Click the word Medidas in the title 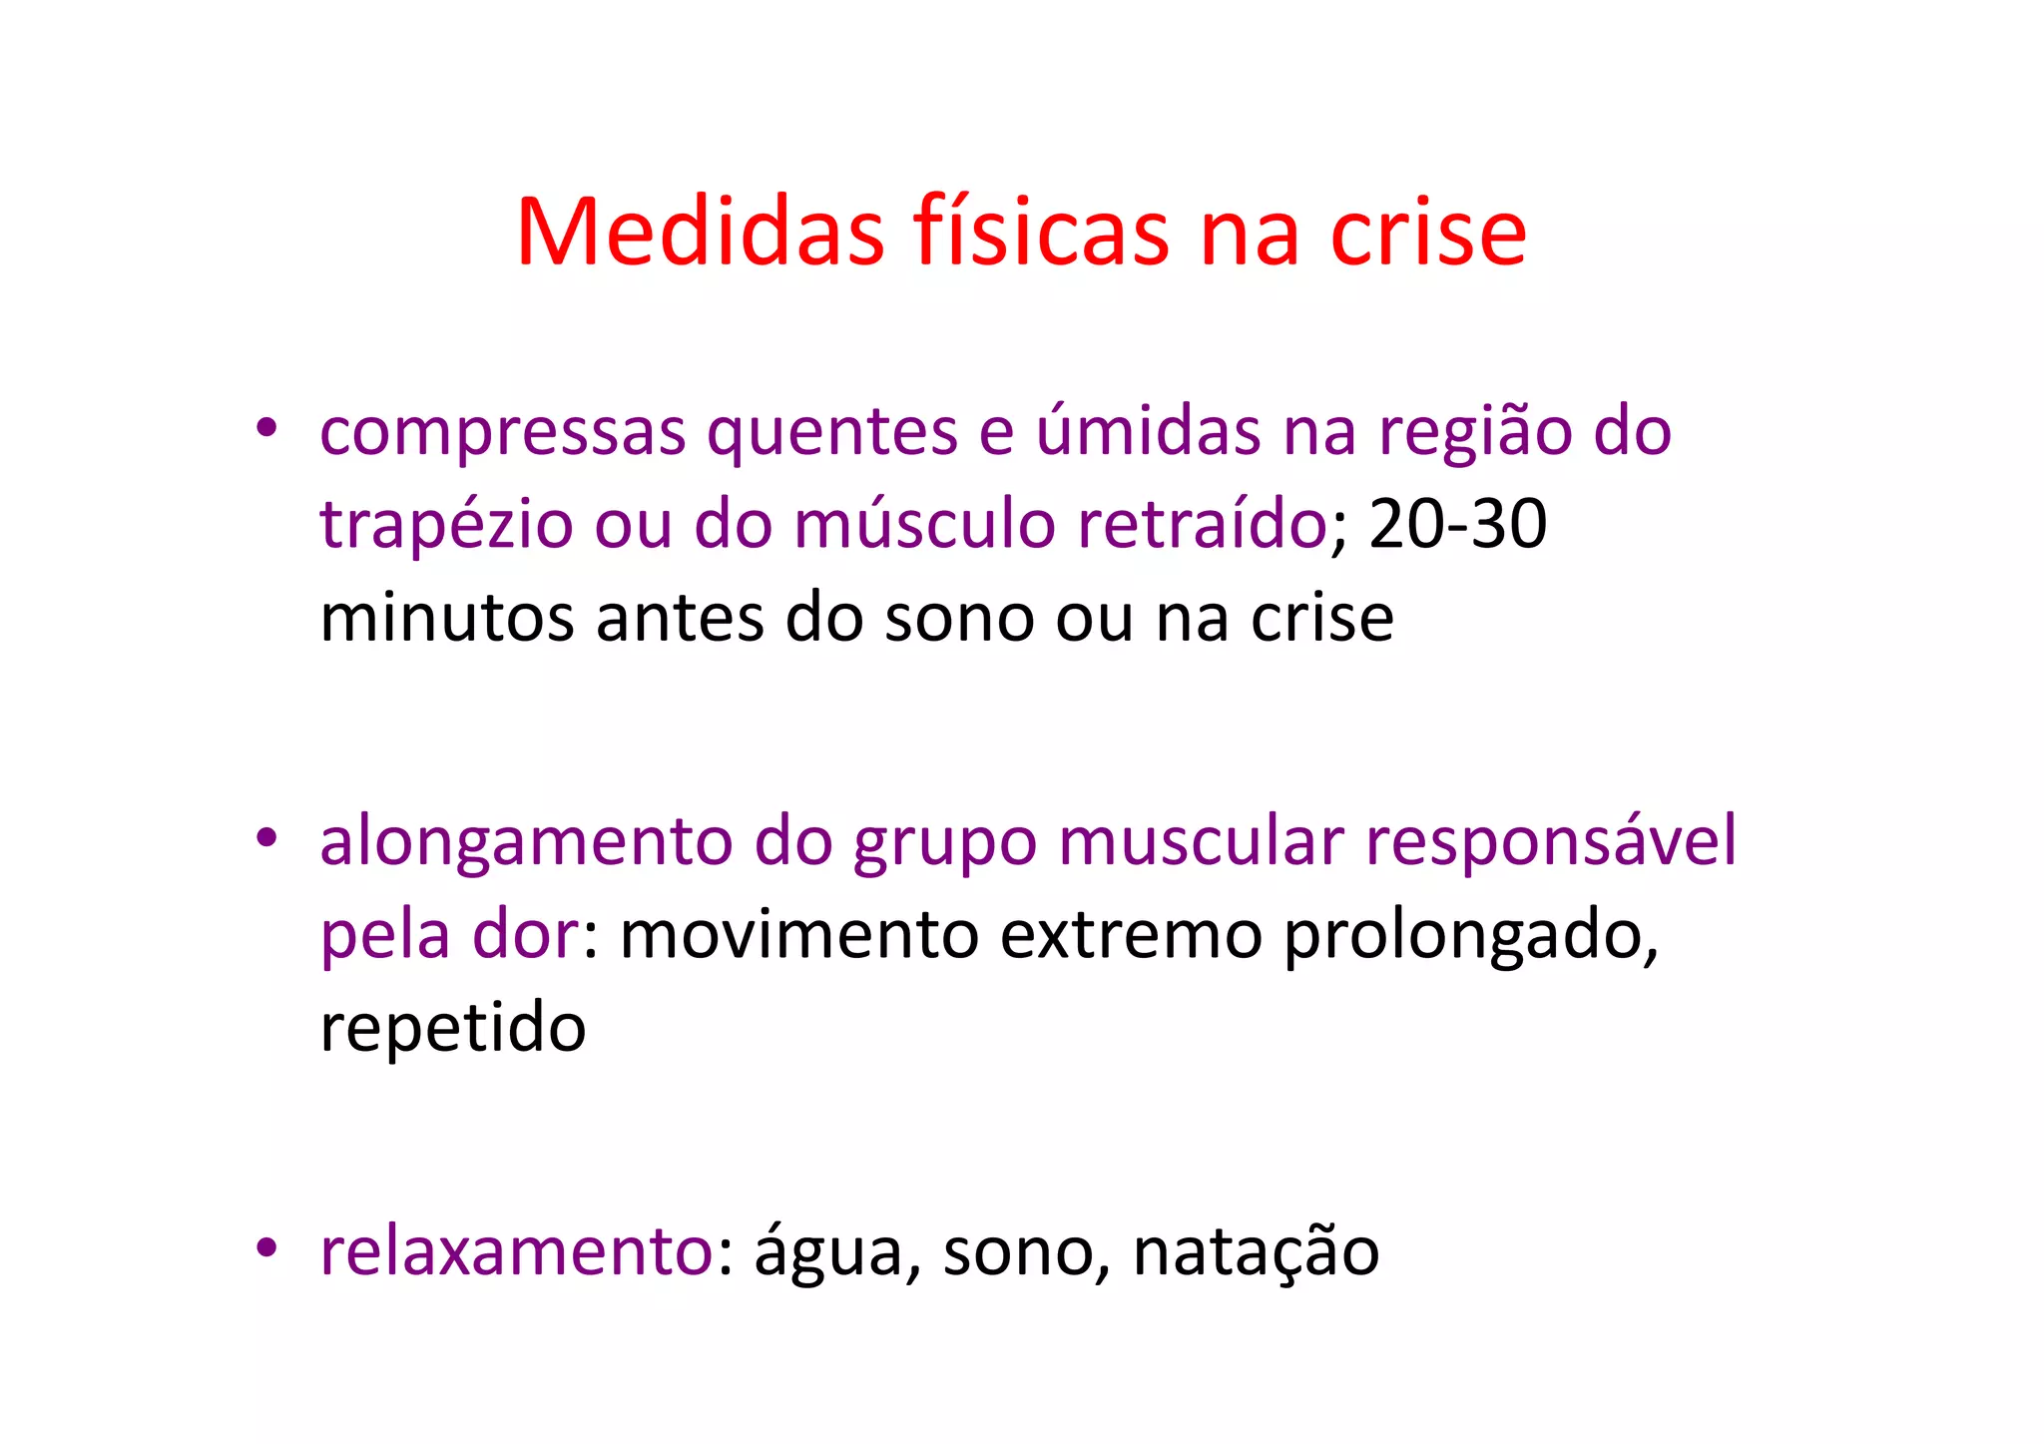pos(700,232)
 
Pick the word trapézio pos(446,525)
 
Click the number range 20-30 pos(1458,524)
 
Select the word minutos pos(446,618)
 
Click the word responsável pos(1550,841)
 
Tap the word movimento pos(798,935)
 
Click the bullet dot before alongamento pos(265,836)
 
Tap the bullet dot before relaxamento pos(265,1246)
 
